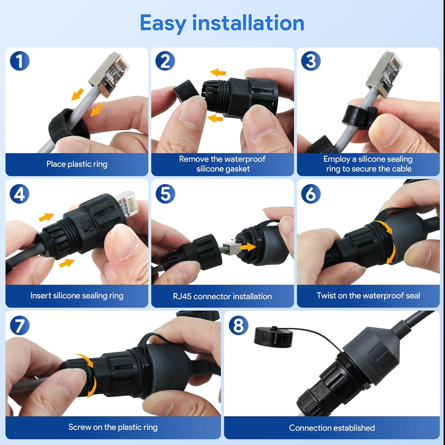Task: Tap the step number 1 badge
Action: pos(20,61)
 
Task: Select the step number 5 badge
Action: pos(165,194)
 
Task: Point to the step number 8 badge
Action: pos(239,325)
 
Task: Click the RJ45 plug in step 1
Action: pos(110,74)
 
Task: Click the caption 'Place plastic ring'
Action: pos(77,164)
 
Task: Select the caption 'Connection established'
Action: pos(332,428)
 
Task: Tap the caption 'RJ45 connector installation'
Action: pos(222,296)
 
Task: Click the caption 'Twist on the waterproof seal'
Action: pos(368,295)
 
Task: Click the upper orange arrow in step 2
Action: pos(218,72)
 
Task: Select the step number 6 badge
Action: pos(311,194)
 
